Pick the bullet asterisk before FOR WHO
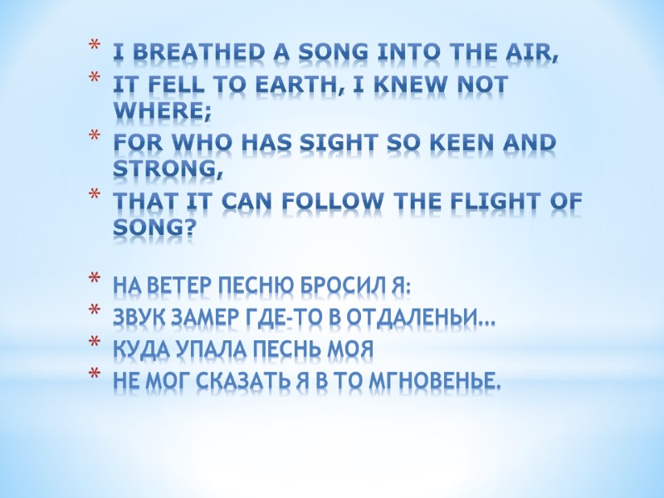tap(95, 144)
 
